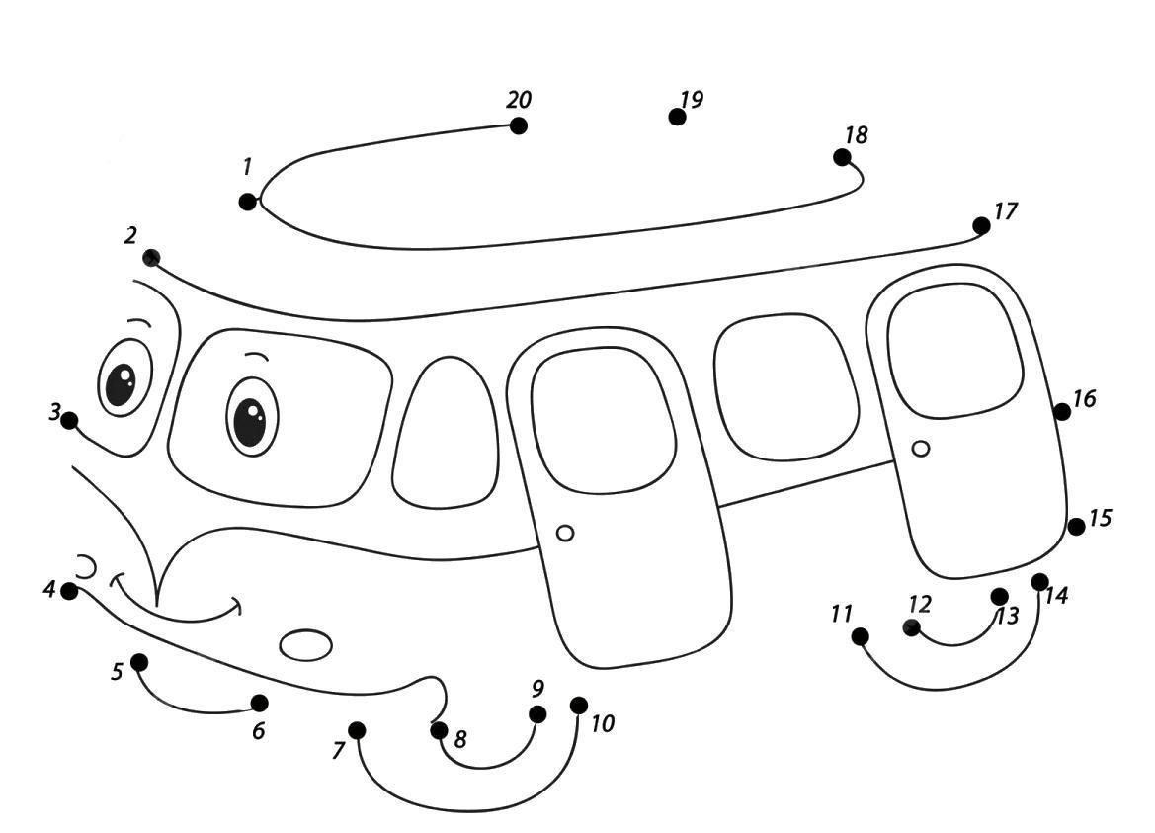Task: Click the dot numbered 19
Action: [x=677, y=117]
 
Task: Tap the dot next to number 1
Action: [x=247, y=201]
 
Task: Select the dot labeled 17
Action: [x=981, y=225]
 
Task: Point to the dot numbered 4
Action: [x=69, y=591]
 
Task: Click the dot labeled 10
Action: [x=579, y=706]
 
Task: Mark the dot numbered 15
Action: [x=1076, y=527]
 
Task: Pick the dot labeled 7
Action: [x=357, y=730]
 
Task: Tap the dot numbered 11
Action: [x=860, y=636]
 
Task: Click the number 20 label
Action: [x=519, y=99]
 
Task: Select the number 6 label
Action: [x=258, y=731]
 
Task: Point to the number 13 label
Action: [x=1007, y=616]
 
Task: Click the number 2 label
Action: [x=130, y=236]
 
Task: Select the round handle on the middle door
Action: [x=565, y=533]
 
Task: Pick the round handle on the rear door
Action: [x=920, y=448]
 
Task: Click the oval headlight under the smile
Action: [x=305, y=645]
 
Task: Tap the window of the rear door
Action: [x=955, y=352]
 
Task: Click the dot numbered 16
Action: [x=1061, y=412]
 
